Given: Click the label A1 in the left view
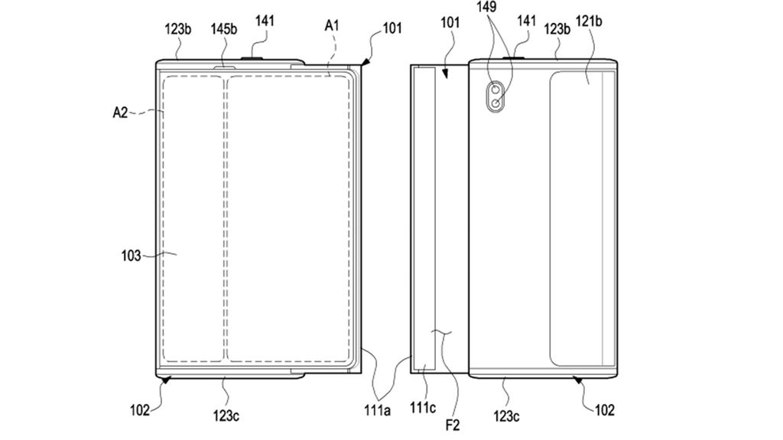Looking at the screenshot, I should pyautogui.click(x=332, y=26).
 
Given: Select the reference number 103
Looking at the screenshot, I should pyautogui.click(x=131, y=256).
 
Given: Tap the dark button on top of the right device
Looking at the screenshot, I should pyautogui.click(x=512, y=56).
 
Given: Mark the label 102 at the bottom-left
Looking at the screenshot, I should pyautogui.click(x=141, y=409).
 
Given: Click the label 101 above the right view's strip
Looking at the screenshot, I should pyautogui.click(x=450, y=23).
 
